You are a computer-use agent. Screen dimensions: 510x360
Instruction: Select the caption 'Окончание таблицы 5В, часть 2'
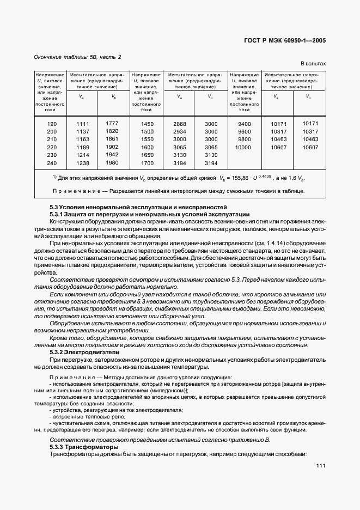[77, 57]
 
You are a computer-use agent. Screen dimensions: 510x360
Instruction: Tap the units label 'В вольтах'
[313, 64]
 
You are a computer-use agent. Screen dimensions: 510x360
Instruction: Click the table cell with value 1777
[112, 123]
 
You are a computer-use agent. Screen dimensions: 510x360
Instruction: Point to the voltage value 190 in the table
[51, 124]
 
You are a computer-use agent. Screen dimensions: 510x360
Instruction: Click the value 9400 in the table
[245, 124]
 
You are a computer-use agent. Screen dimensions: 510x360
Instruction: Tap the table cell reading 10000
[245, 147]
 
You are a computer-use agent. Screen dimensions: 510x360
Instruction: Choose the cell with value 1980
[112, 162]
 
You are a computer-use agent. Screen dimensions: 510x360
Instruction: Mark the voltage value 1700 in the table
[147, 163]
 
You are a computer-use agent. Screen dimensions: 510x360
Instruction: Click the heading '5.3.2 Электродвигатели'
[80, 353]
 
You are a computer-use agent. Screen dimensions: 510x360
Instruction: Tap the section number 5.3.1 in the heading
[58, 214]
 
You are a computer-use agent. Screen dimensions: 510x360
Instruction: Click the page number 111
[320, 466]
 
